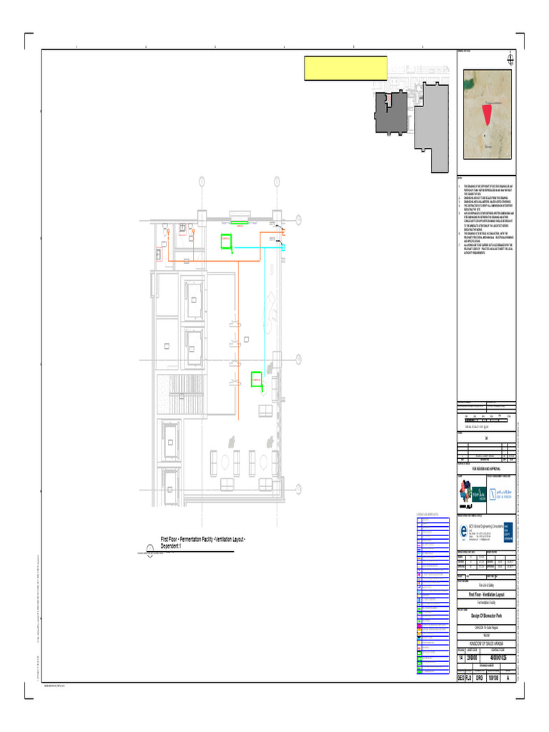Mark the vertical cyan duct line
[x=265, y=307]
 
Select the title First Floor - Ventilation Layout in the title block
[x=486, y=595]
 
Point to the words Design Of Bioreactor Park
[x=486, y=614]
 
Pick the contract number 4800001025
[x=500, y=657]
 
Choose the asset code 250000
[x=473, y=657]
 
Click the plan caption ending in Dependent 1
[x=203, y=542]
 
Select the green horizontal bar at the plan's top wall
[x=238, y=222]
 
